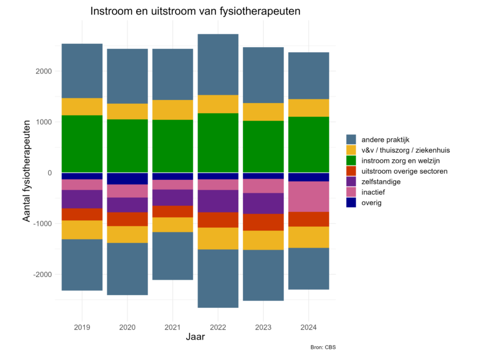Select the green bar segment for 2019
82,143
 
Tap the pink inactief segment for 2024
309,197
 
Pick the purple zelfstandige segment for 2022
218,201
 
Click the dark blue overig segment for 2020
127,178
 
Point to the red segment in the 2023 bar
263,222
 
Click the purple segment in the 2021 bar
173,197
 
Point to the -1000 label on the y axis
41,224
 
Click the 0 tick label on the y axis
48,173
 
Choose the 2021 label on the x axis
173,327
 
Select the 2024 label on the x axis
309,327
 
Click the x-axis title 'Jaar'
195,337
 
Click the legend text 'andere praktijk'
385,139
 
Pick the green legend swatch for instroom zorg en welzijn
351,161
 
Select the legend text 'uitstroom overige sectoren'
404,171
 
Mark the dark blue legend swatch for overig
351,203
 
